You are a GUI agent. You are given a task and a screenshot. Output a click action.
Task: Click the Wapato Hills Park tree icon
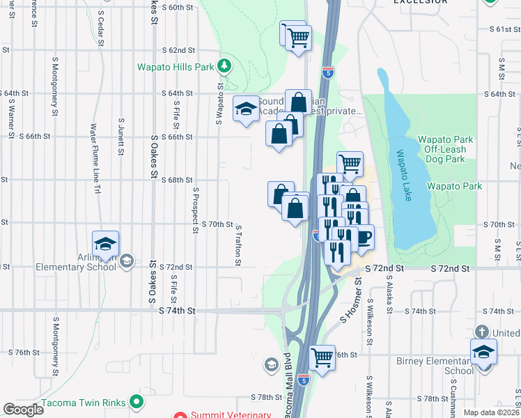click(224, 66)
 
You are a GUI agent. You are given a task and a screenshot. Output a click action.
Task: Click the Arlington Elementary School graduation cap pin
click(105, 244)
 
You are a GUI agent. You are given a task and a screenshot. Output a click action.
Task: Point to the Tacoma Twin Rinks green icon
click(137, 402)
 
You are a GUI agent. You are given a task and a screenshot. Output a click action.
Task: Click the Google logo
click(23, 410)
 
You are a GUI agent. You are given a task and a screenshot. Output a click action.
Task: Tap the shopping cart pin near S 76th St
click(322, 358)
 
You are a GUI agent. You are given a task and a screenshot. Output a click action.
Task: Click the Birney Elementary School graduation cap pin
click(483, 353)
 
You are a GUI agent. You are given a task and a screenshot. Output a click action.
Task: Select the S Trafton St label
click(238, 245)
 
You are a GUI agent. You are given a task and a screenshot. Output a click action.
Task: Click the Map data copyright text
click(492, 412)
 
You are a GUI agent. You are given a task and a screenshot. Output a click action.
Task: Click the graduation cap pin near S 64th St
click(245, 109)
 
